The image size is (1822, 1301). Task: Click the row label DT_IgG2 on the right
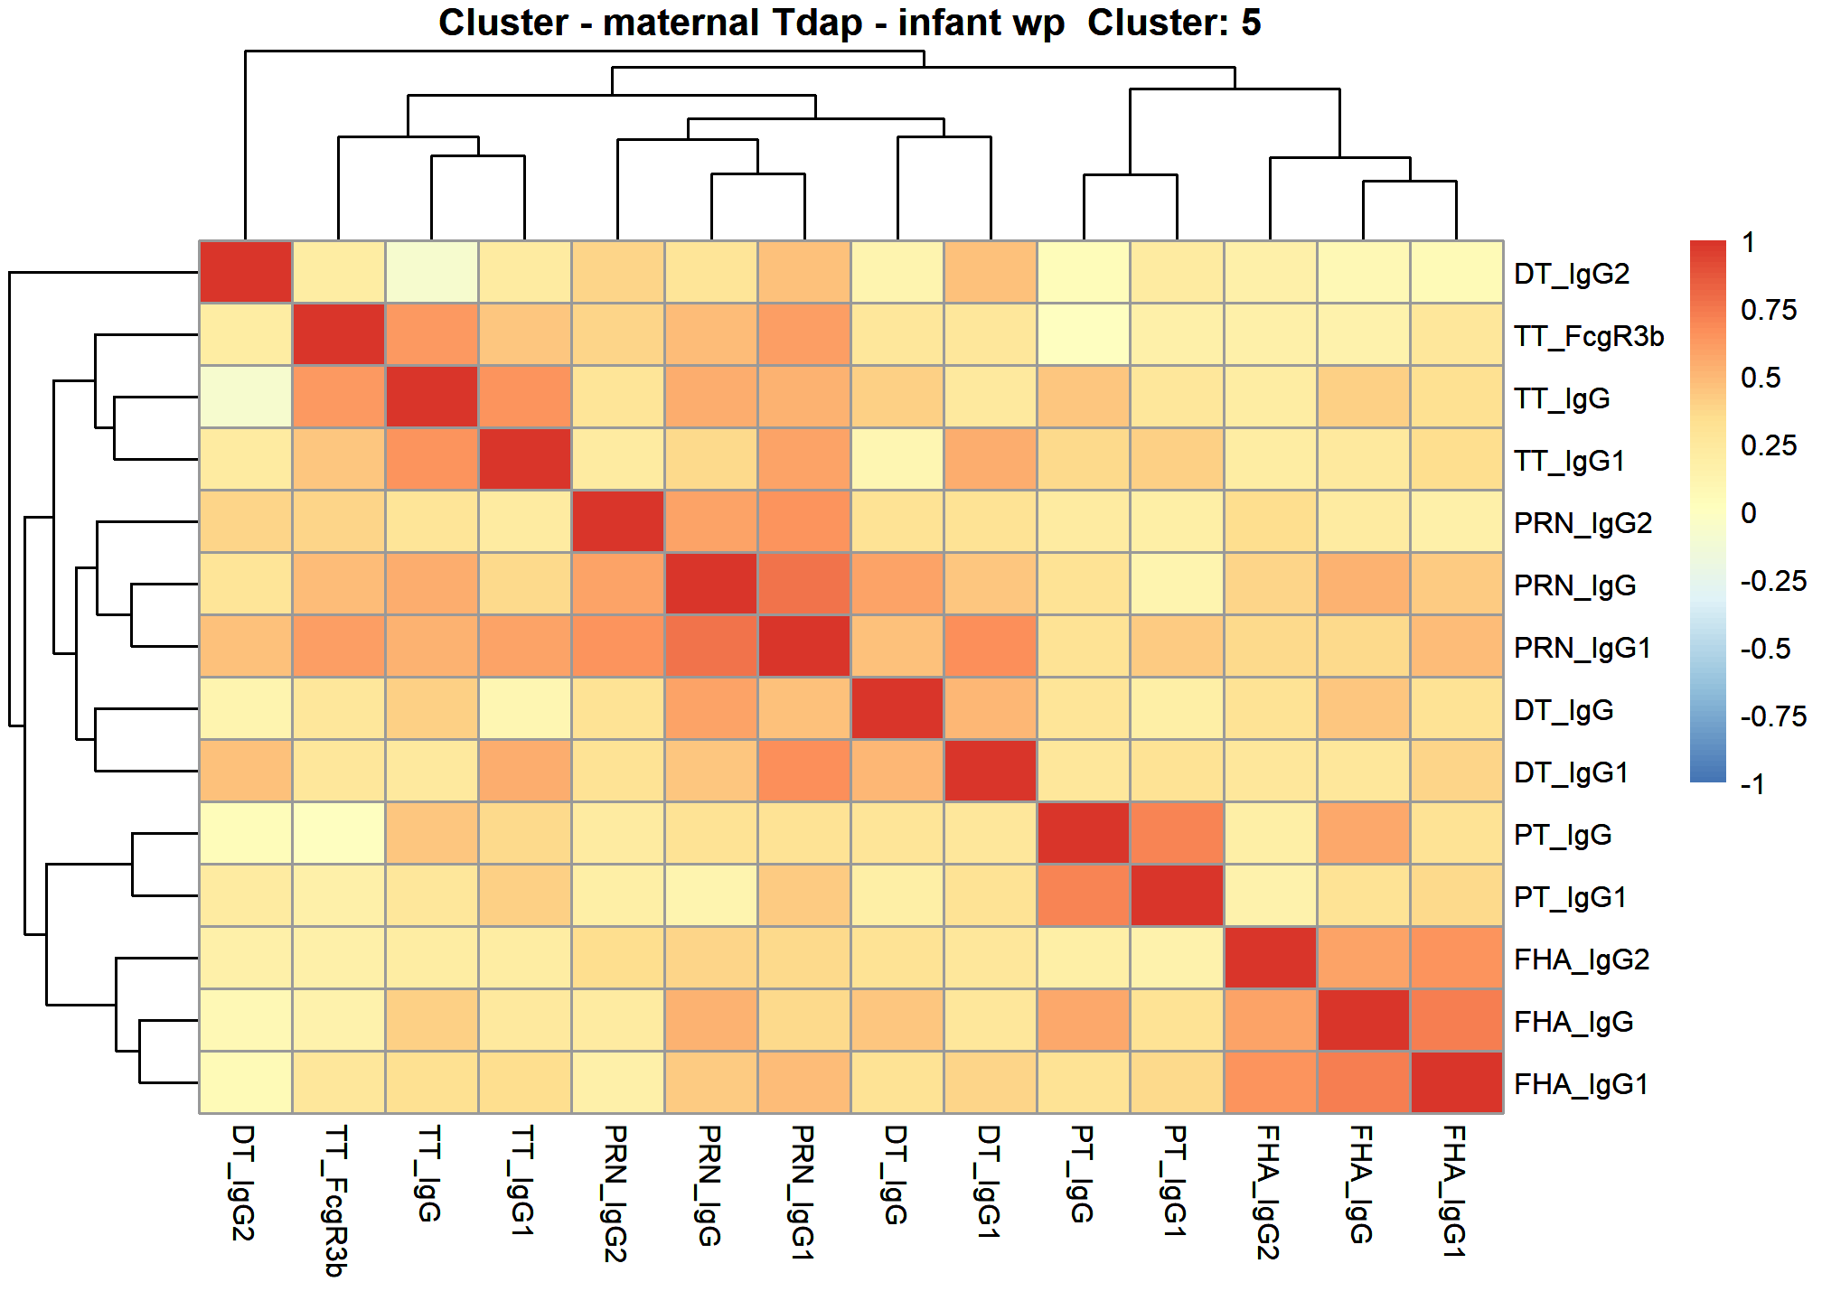(1572, 273)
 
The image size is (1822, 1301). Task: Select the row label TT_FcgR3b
(1589, 336)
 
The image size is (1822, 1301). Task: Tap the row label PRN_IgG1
(1583, 648)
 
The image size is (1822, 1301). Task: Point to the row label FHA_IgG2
(1582, 959)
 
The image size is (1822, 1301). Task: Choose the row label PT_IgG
(1563, 835)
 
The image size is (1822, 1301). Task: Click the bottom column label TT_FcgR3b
(336, 1201)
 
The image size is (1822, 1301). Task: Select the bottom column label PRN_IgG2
(616, 1193)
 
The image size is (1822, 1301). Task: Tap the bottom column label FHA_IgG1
(1454, 1192)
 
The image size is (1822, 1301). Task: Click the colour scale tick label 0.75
(1769, 310)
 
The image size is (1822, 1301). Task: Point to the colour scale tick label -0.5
(1765, 649)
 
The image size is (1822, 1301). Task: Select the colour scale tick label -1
(1752, 783)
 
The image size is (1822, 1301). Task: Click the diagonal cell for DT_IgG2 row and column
(246, 272)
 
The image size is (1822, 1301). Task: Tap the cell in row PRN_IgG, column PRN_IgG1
(804, 584)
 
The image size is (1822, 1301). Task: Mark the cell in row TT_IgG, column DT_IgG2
(246, 397)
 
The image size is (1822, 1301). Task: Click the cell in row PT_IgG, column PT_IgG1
(1177, 833)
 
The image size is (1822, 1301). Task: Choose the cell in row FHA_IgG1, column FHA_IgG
(1363, 1082)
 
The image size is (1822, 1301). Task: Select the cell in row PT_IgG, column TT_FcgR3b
(339, 833)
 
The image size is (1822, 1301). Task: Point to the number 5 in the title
(1251, 23)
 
